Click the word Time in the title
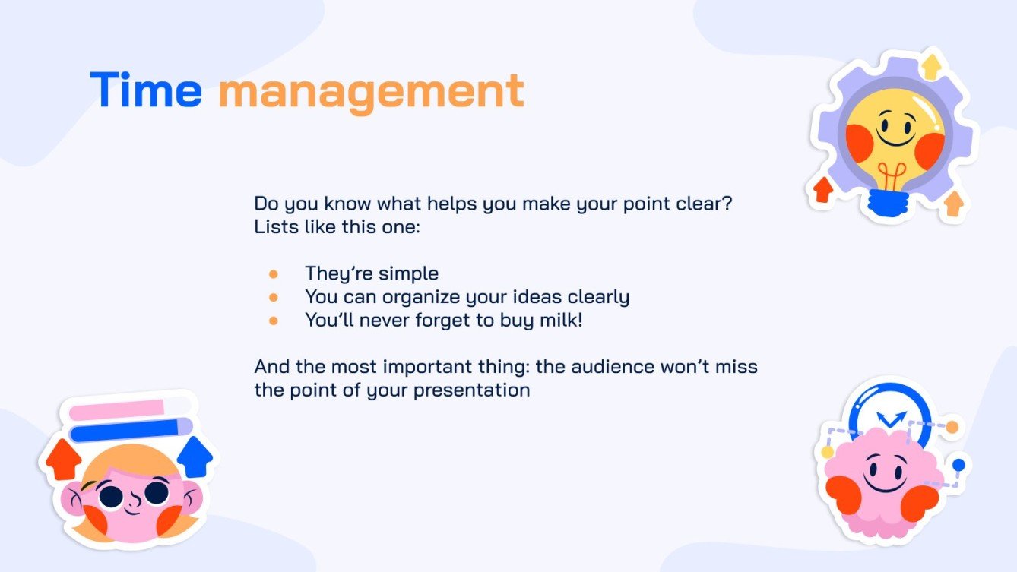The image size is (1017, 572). click(146, 90)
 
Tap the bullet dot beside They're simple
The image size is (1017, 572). click(274, 273)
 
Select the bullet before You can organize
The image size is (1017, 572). click(274, 297)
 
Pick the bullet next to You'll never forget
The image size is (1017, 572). click(274, 321)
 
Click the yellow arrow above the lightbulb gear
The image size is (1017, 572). click(929, 66)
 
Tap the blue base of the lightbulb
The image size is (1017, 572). click(889, 201)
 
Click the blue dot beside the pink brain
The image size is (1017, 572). click(958, 464)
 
